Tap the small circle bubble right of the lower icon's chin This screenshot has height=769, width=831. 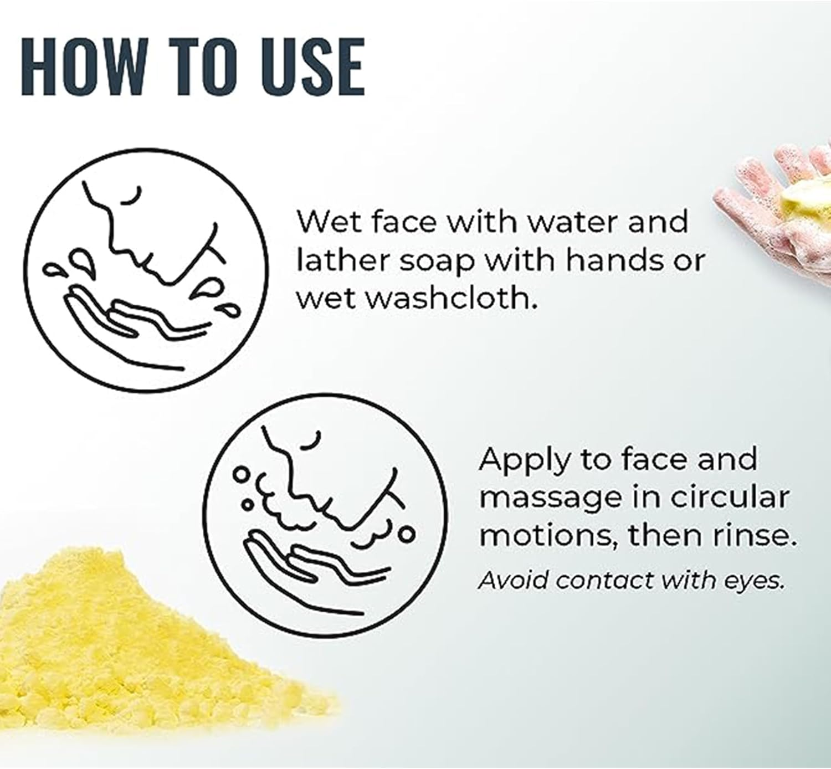click(406, 534)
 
